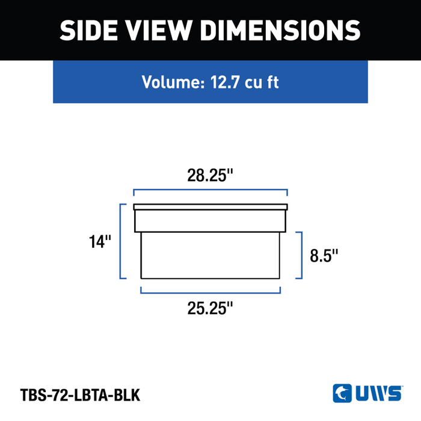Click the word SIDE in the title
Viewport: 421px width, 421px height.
[88, 30]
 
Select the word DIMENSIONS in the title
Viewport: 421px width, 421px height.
[280, 30]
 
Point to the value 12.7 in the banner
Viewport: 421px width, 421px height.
[224, 82]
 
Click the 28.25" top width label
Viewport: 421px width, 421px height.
[210, 176]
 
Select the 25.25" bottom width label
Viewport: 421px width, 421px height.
[210, 308]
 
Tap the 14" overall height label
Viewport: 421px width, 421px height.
[100, 242]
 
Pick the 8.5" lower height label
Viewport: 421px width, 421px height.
[324, 256]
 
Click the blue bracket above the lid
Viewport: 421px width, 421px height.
[210, 189]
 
